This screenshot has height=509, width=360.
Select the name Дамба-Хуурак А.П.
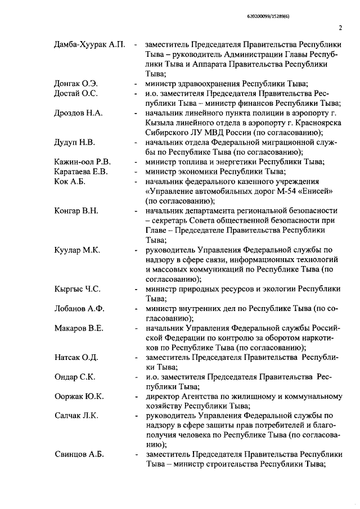(x=89, y=43)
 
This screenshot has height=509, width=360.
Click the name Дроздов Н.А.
(x=78, y=113)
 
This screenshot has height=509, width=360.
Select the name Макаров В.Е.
(x=79, y=328)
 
